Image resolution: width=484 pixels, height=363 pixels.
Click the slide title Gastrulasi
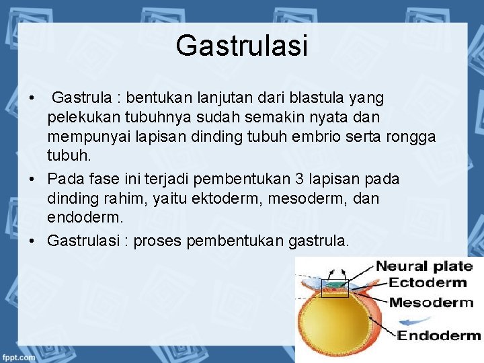point(241,46)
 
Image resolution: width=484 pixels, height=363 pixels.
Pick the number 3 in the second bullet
point(299,179)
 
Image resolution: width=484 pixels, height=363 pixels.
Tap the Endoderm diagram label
point(439,335)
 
